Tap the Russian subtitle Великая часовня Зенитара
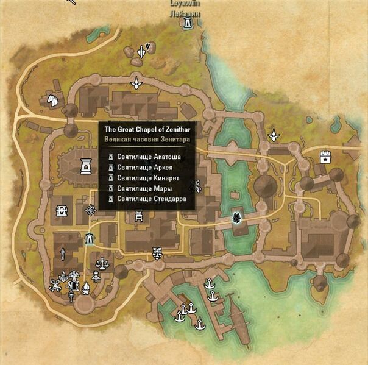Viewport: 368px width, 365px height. coord(146,140)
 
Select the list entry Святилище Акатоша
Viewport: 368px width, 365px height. coord(149,157)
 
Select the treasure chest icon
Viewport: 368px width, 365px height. coord(62,210)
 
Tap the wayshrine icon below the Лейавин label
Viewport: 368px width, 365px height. coord(188,24)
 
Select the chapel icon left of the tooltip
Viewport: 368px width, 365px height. coord(85,164)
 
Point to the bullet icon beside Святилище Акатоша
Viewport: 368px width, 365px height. coord(111,157)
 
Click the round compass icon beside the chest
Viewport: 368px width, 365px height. coord(91,210)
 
